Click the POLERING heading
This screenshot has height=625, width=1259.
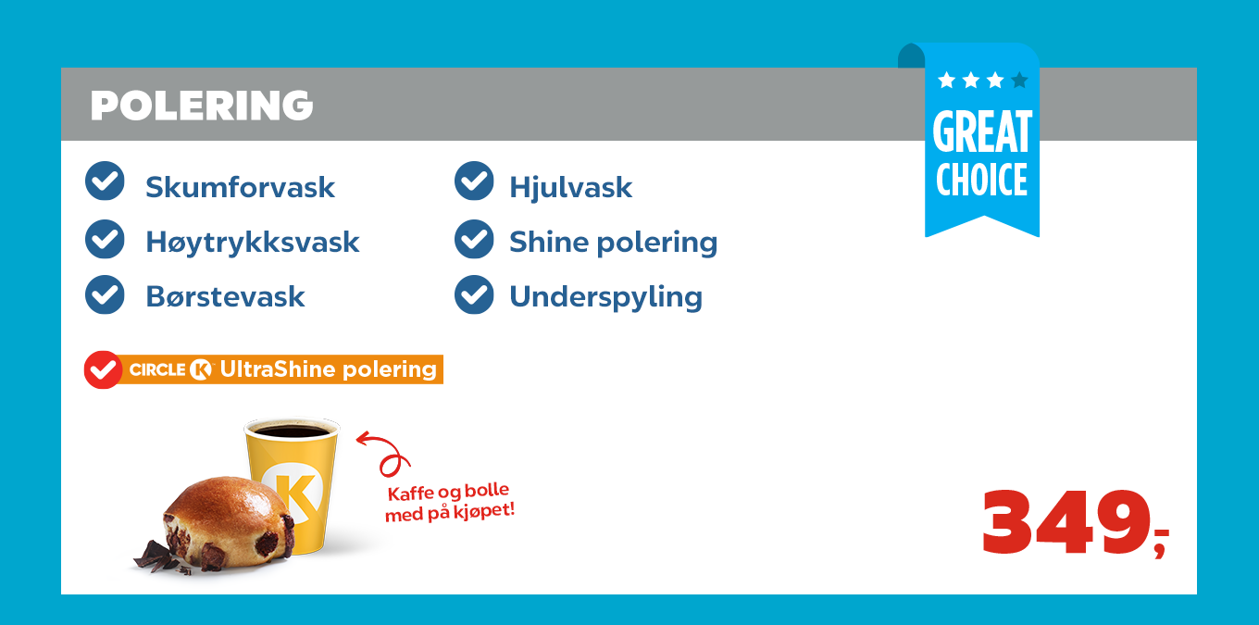(x=202, y=106)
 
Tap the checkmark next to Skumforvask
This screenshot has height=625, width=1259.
(x=106, y=181)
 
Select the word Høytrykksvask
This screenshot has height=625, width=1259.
(x=253, y=243)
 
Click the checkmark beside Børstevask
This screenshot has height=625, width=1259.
(x=106, y=294)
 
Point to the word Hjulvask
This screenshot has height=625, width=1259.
(x=570, y=188)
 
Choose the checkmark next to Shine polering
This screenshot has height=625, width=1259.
(x=474, y=239)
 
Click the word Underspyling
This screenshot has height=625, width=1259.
(x=605, y=297)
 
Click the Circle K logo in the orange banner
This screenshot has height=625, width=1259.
(x=171, y=369)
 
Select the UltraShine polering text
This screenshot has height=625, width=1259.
(x=329, y=369)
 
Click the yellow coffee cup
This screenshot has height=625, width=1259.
(x=293, y=484)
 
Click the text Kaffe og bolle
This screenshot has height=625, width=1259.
(x=448, y=492)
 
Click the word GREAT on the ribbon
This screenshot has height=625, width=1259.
(x=982, y=131)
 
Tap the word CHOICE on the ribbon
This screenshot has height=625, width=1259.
(x=982, y=180)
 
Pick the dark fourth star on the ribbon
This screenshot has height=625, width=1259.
(x=1019, y=81)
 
